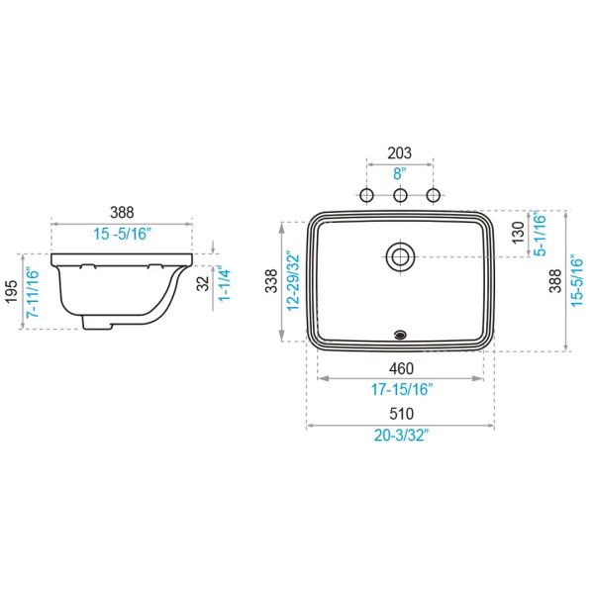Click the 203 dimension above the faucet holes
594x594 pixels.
pyautogui.click(x=399, y=153)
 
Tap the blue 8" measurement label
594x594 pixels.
pyautogui.click(x=399, y=174)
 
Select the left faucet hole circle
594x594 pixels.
pyautogui.click(x=366, y=195)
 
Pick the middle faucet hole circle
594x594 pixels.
pyautogui.click(x=400, y=195)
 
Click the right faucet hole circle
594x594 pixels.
pyautogui.click(x=434, y=195)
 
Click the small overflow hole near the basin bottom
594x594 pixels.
pyautogui.click(x=400, y=335)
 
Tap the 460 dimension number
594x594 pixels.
pyautogui.click(x=401, y=368)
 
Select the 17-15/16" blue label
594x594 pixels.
pyautogui.click(x=402, y=389)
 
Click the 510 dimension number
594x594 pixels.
pyautogui.click(x=401, y=414)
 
